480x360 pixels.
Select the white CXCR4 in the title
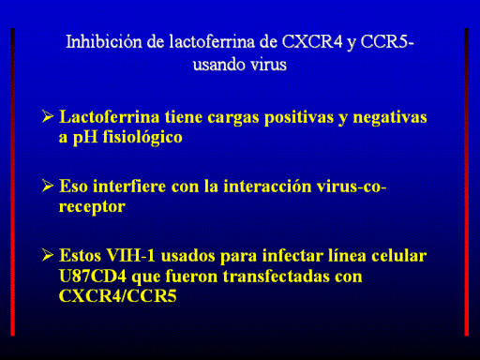pyautogui.click(x=312, y=41)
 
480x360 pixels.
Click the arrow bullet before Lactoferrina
pyautogui.click(x=48, y=116)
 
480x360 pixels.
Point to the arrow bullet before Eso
pyautogui.click(x=48, y=186)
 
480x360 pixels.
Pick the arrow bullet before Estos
pyautogui.click(x=48, y=255)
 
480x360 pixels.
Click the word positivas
pyautogui.click(x=299, y=118)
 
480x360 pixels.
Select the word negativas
pyautogui.click(x=390, y=118)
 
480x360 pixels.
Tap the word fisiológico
pyautogui.click(x=142, y=138)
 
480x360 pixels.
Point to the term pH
pyautogui.click(x=85, y=138)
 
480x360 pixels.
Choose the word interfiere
pyautogui.click(x=129, y=187)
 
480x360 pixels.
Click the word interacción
pyautogui.click(x=267, y=187)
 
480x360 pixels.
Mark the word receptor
pyautogui.click(x=92, y=207)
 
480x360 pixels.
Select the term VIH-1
pyautogui.click(x=131, y=256)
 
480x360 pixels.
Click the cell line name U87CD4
pyautogui.click(x=93, y=277)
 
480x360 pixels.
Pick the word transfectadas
pyautogui.click(x=277, y=277)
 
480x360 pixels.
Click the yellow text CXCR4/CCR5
pyautogui.click(x=118, y=295)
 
